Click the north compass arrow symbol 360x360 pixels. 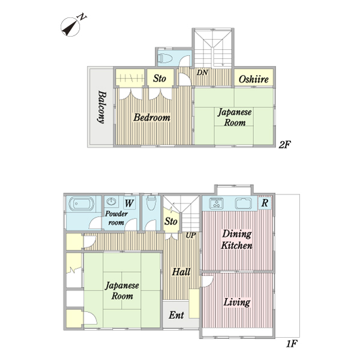coord(70,28)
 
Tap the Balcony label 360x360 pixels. coord(102,107)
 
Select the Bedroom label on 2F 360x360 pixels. coord(152,118)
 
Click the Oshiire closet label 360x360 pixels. coord(253,79)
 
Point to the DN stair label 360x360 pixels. coord(202,73)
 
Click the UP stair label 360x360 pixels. coord(191,235)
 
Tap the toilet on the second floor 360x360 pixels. coord(166,58)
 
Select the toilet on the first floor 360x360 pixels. coord(151,203)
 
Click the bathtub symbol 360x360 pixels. coord(81,203)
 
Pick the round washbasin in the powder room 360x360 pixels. coord(112,202)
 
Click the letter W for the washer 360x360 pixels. coord(129,203)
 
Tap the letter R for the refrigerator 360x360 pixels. coord(265,203)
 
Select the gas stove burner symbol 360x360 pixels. coord(216,203)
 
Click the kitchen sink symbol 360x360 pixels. coord(244,203)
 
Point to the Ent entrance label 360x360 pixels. coord(176,315)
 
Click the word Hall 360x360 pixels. coord(181,272)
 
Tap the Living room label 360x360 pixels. coord(237,302)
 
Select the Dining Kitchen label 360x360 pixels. coord(237,239)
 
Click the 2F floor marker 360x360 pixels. coord(284,145)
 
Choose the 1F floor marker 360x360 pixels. coord(292,344)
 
